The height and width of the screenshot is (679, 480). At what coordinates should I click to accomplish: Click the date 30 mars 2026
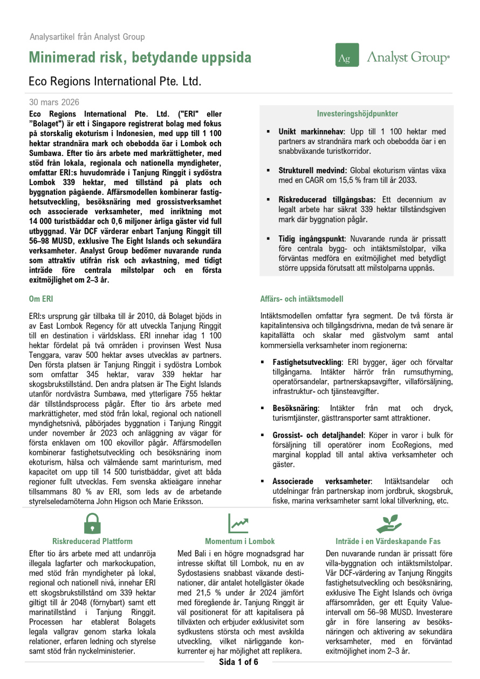click(54, 103)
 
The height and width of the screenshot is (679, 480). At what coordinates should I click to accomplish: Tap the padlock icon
click(92, 523)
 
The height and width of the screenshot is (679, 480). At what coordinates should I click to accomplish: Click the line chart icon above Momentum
click(238, 522)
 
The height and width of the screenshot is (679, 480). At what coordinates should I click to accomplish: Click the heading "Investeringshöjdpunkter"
click(357, 114)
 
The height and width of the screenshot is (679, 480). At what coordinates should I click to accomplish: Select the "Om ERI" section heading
click(41, 298)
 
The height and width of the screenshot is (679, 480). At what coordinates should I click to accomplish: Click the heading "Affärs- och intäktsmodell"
click(302, 299)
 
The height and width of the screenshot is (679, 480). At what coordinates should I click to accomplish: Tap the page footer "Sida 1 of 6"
click(238, 662)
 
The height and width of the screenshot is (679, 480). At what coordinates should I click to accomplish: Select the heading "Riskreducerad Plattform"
click(92, 541)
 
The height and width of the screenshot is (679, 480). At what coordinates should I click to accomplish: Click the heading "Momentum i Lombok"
click(239, 541)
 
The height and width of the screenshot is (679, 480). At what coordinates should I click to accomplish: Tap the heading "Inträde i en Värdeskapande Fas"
click(388, 541)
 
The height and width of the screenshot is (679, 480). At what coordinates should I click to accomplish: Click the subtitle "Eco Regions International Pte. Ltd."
click(114, 82)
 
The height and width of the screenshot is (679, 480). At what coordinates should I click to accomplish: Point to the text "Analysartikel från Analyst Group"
click(87, 37)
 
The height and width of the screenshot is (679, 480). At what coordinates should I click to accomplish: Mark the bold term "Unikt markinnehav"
click(308, 132)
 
